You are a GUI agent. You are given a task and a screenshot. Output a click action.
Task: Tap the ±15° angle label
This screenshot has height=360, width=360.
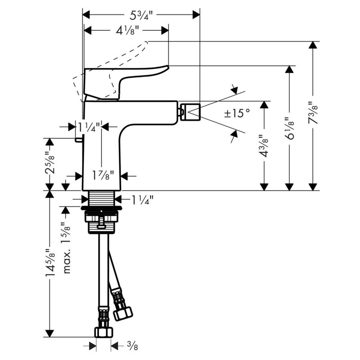pyautogui.click(x=237, y=113)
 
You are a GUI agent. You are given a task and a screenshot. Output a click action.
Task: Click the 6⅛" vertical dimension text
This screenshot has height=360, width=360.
pyautogui.click(x=290, y=128)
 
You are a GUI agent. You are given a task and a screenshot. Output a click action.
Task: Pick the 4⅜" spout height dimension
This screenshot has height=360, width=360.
pyautogui.click(x=264, y=146)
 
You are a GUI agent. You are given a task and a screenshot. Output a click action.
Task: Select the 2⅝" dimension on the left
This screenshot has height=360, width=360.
pyautogui.click(x=49, y=163)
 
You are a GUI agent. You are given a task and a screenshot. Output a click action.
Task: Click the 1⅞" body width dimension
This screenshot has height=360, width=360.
pyautogui.click(x=103, y=175)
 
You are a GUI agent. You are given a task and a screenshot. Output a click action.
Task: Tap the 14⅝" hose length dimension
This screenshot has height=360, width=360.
pyautogui.click(x=50, y=263)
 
